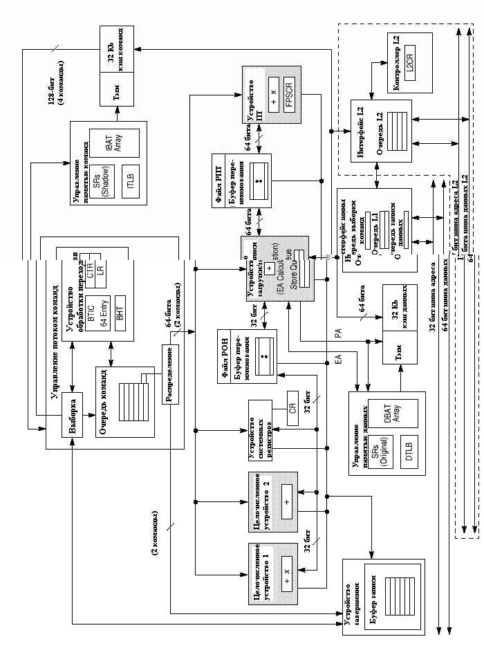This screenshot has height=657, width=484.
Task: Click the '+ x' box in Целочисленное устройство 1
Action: click(287, 576)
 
